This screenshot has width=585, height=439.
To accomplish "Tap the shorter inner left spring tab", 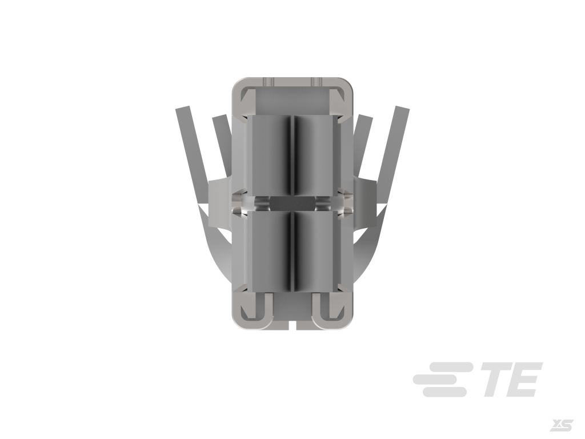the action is tap(222, 146).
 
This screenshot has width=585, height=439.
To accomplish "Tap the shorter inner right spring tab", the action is tap(362, 146).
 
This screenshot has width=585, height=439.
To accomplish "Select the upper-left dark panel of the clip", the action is tap(270, 155).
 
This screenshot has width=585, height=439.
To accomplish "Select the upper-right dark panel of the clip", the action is tap(316, 155).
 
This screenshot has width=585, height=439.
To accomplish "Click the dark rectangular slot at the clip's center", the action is tap(292, 204).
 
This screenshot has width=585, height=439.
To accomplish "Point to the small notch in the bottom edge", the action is tap(292, 325).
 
